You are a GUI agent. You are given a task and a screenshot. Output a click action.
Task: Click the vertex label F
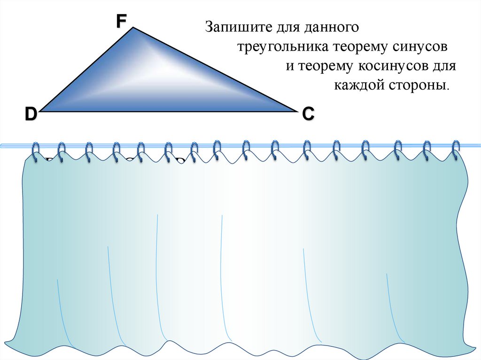pos(122,21)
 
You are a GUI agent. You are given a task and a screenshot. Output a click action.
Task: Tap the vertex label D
pos(31,114)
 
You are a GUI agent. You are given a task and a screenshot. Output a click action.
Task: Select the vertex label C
pos(308,114)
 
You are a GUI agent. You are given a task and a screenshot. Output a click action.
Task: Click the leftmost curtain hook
pos(36,152)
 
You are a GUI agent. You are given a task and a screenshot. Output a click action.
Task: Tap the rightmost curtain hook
pos(455,149)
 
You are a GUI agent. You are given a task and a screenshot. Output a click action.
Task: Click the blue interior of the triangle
pos(141,80)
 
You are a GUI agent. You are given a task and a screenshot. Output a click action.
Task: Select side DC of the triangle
pos(169,112)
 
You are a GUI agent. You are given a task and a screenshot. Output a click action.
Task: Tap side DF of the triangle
pos(87,69)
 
